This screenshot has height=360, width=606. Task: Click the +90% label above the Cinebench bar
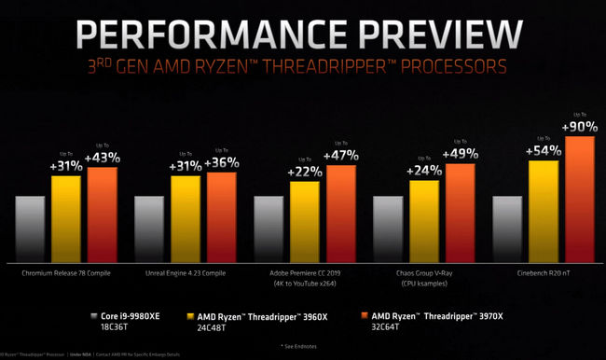pyautogui.click(x=578, y=125)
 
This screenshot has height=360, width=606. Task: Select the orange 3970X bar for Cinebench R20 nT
pyautogui.click(x=579, y=201)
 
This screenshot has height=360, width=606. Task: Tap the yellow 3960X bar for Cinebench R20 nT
pyautogui.click(x=544, y=212)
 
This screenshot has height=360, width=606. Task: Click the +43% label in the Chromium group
pyautogui.click(x=102, y=156)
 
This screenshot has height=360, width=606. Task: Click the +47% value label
pyautogui.click(x=340, y=154)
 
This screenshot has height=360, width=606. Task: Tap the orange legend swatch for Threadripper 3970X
pyautogui.click(x=354, y=315)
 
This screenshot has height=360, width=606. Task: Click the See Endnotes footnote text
pyautogui.click(x=303, y=345)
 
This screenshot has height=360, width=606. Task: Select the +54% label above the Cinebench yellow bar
pyautogui.click(x=544, y=149)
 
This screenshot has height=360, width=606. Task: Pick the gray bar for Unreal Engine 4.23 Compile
pyautogui.click(x=150, y=229)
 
